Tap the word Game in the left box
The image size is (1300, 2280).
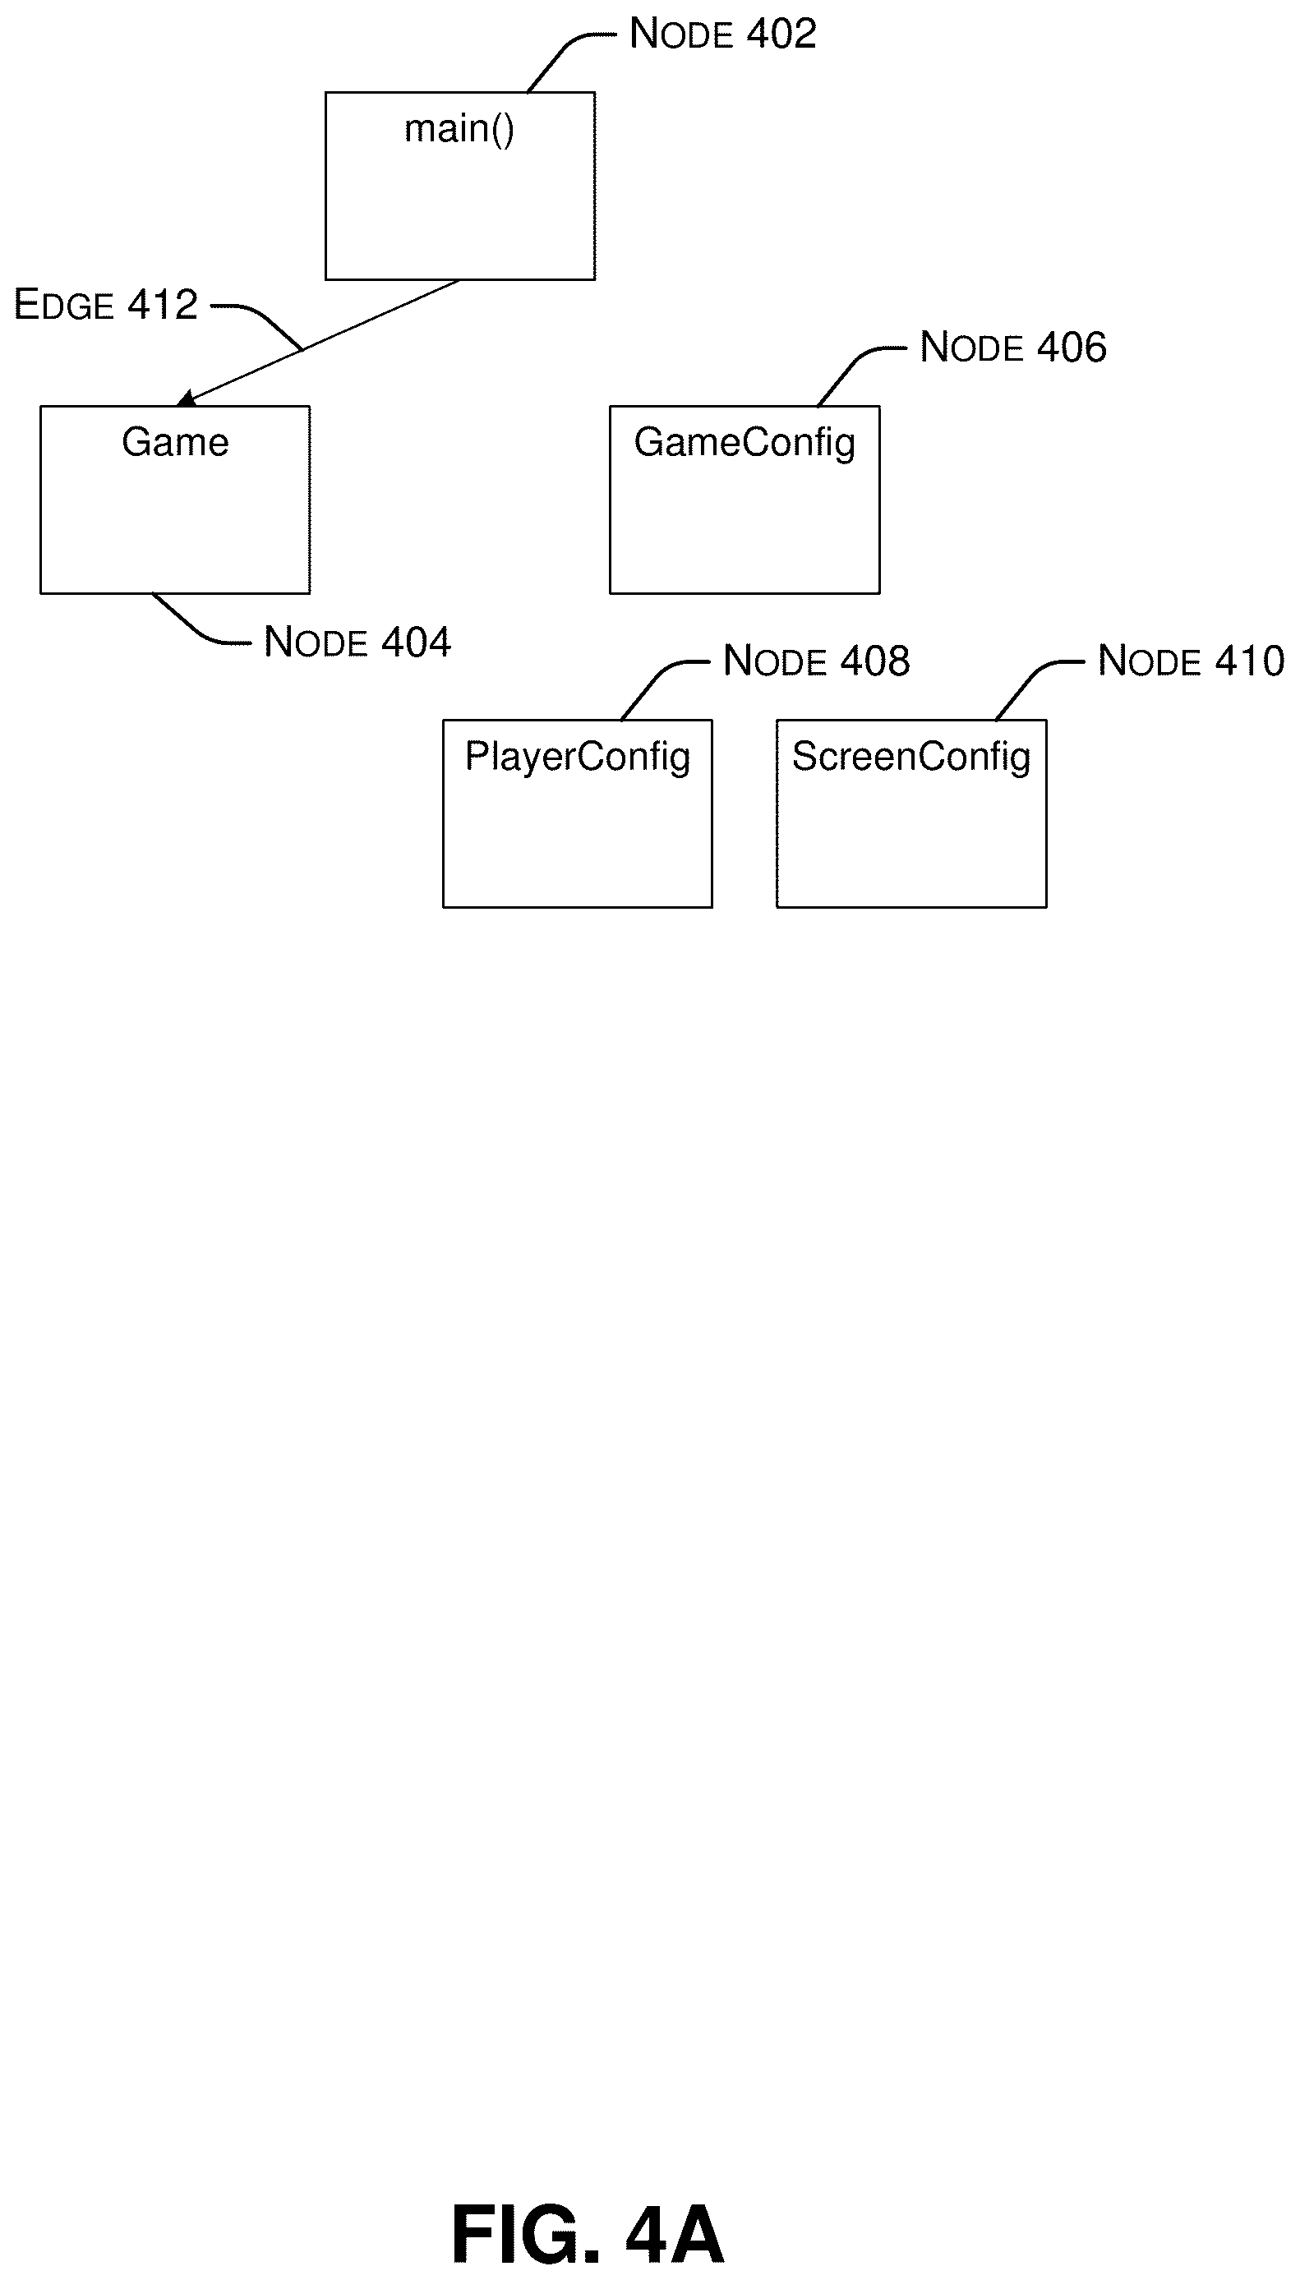175,442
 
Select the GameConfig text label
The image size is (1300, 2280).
745,444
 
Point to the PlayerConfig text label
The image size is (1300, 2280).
578,758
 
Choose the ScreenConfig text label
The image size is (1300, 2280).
911,758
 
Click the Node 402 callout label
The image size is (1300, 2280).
723,34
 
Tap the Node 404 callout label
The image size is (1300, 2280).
357,642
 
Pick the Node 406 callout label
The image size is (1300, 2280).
1013,347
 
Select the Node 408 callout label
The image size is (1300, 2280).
816,661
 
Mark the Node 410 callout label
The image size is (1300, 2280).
1191,661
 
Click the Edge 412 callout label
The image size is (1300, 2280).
105,305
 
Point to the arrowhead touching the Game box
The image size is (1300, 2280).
187,398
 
